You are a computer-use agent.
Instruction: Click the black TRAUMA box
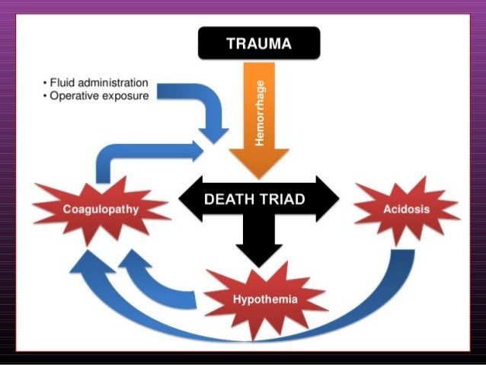tap(258, 44)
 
